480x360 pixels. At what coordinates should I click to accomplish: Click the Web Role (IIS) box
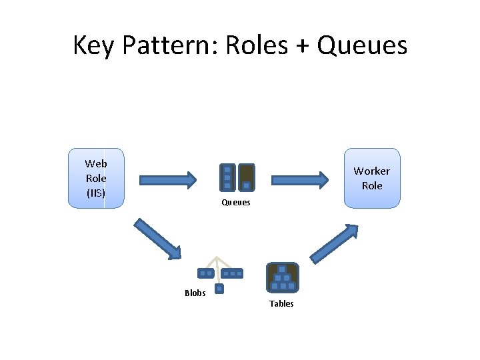tap(96, 178)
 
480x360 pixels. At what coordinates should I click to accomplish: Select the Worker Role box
tap(372, 178)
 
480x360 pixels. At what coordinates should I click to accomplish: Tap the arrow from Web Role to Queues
tap(168, 179)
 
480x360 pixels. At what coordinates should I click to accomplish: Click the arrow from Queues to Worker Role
tap(300, 179)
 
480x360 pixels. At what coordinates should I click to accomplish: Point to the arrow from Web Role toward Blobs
tap(157, 238)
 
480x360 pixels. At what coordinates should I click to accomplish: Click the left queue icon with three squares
tap(227, 178)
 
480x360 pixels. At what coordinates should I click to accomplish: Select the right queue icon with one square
tap(247, 178)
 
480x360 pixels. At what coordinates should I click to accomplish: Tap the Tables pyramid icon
tap(283, 277)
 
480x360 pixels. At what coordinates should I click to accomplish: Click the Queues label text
tap(235, 203)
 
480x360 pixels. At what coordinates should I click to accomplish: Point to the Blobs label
tap(195, 293)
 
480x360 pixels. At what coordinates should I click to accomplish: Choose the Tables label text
tap(281, 304)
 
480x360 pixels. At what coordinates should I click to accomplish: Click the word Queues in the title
tap(362, 46)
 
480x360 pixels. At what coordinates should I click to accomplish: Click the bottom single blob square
tap(219, 289)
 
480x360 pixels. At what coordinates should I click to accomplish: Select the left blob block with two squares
tap(205, 273)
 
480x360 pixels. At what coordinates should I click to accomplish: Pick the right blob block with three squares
tap(233, 273)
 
